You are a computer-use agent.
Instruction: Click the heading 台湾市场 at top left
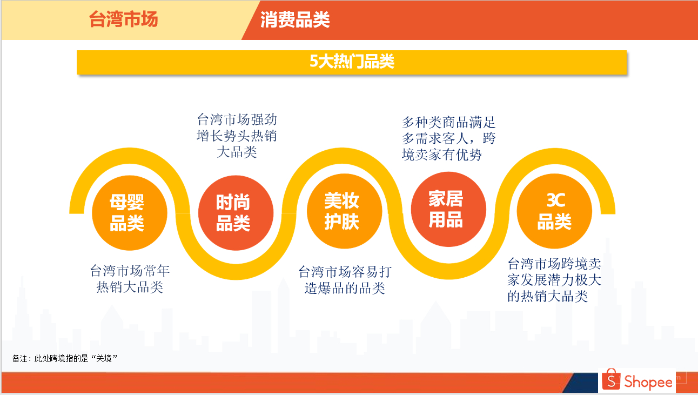(x=123, y=19)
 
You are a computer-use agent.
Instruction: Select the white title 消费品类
(x=295, y=20)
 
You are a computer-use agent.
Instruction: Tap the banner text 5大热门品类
(x=352, y=61)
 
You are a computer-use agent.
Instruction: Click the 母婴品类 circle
(x=130, y=213)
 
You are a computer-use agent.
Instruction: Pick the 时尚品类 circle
(x=236, y=213)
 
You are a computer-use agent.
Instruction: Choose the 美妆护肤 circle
(x=344, y=211)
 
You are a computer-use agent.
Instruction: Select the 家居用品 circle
(x=448, y=209)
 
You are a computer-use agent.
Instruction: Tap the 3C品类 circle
(x=554, y=211)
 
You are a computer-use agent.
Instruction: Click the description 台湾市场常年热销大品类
(x=130, y=279)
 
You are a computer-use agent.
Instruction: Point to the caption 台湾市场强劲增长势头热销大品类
(x=237, y=136)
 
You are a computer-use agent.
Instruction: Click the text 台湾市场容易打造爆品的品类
(x=345, y=280)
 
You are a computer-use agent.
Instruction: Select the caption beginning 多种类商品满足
(x=448, y=138)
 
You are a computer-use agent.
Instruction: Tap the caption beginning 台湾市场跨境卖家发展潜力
(x=554, y=280)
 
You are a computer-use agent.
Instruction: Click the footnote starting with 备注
(x=64, y=358)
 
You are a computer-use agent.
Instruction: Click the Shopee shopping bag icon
(x=611, y=379)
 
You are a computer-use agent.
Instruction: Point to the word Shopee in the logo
(x=648, y=382)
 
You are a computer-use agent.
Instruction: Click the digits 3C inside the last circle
(x=555, y=200)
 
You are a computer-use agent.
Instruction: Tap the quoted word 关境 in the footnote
(x=104, y=358)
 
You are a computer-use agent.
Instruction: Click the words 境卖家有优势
(x=441, y=155)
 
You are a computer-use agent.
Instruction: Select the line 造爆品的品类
(x=345, y=288)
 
